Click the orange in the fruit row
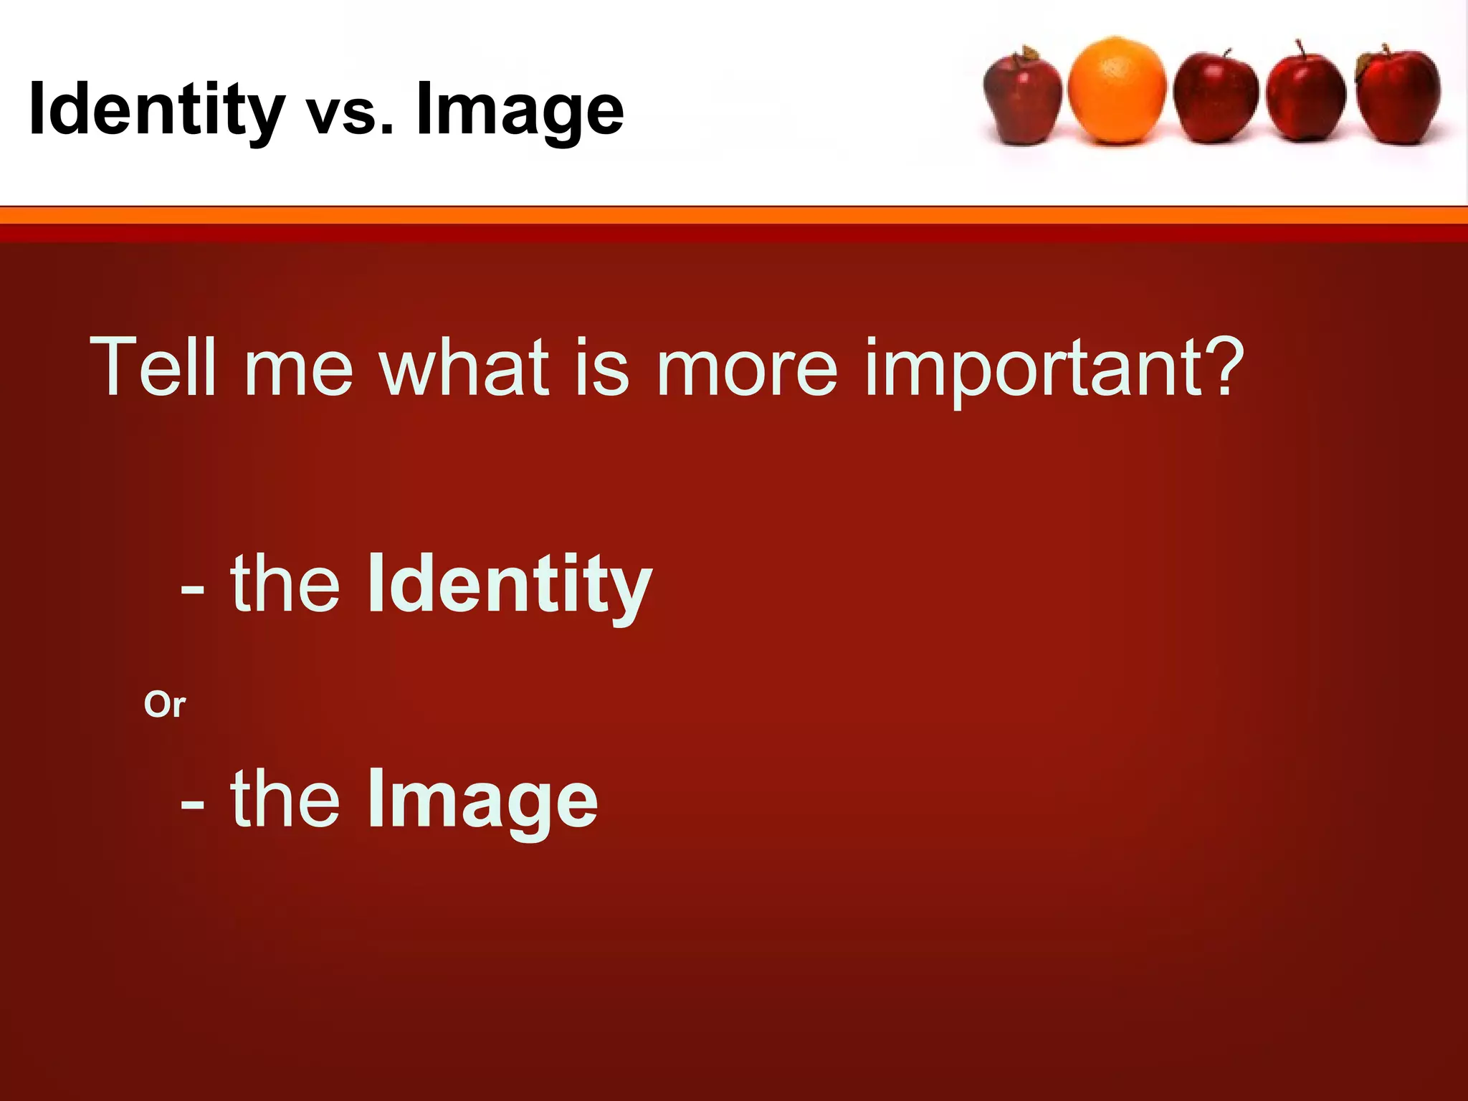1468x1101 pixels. (x=1116, y=91)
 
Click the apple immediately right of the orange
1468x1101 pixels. (x=1216, y=98)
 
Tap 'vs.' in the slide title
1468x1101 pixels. (x=350, y=115)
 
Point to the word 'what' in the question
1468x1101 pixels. (x=464, y=367)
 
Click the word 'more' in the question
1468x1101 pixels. (x=746, y=373)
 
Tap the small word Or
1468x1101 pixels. (x=164, y=705)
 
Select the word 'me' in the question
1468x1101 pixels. (x=298, y=373)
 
